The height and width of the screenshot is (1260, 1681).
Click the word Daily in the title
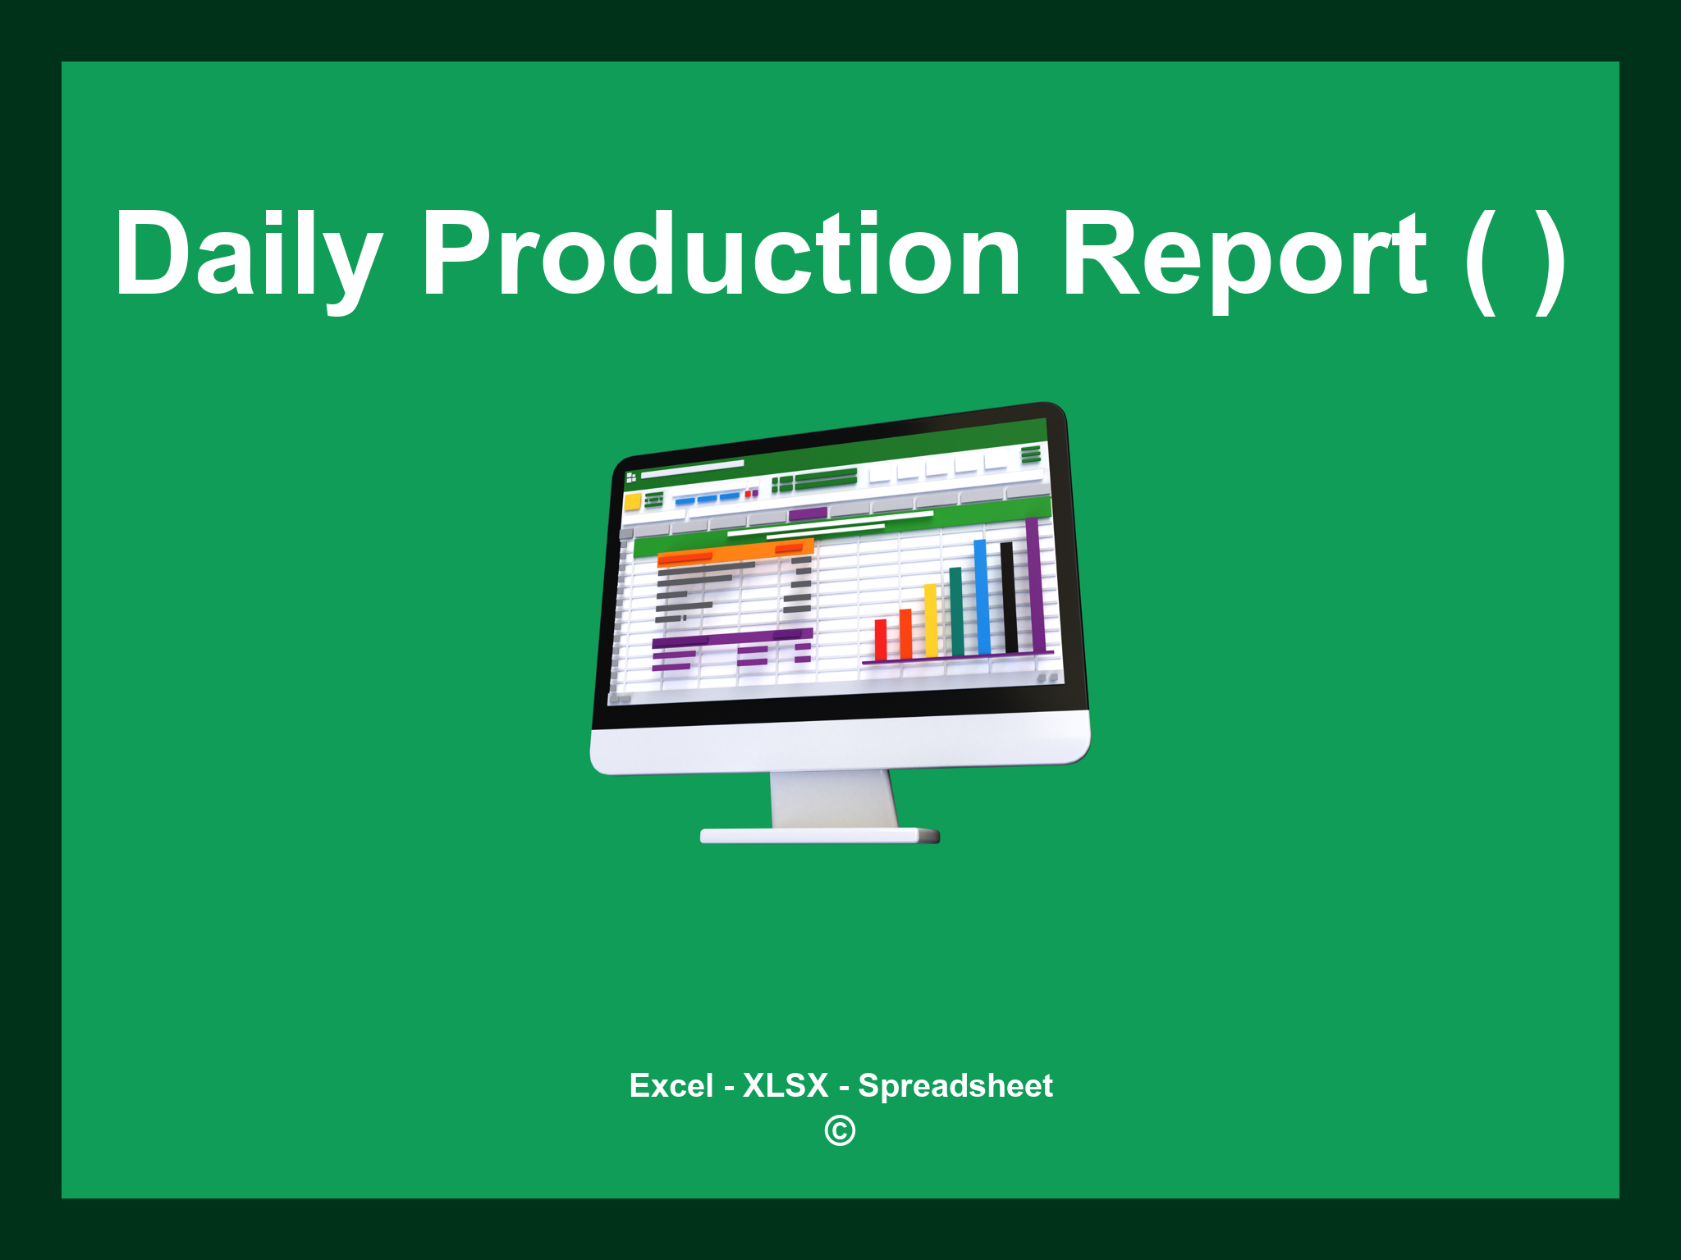pyautogui.click(x=246, y=254)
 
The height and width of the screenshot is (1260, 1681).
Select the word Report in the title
pyautogui.click(x=1244, y=254)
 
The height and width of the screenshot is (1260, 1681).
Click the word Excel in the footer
pyautogui.click(x=671, y=1086)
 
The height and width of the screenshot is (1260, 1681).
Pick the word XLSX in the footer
pyautogui.click(x=786, y=1086)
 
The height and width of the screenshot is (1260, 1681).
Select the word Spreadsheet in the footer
pyautogui.click(x=955, y=1086)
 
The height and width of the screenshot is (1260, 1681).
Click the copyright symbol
pyautogui.click(x=840, y=1131)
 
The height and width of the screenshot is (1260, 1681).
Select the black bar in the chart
pyautogui.click(x=1009, y=596)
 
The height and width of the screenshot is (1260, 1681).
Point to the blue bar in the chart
pyautogui.click(x=982, y=596)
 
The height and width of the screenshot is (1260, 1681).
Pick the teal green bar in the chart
pyautogui.click(x=956, y=611)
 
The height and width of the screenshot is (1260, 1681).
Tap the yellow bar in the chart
pyautogui.click(x=931, y=620)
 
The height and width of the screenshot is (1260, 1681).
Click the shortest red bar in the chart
pyautogui.click(x=881, y=640)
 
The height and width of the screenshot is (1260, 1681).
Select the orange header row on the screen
pyautogui.click(x=735, y=551)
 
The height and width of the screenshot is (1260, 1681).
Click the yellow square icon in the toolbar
pyautogui.click(x=632, y=501)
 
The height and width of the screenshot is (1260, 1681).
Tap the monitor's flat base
pyautogui.click(x=819, y=836)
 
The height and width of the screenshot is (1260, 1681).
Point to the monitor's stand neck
pyautogui.click(x=833, y=799)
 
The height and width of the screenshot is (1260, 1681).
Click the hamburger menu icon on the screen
pyautogui.click(x=1031, y=454)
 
